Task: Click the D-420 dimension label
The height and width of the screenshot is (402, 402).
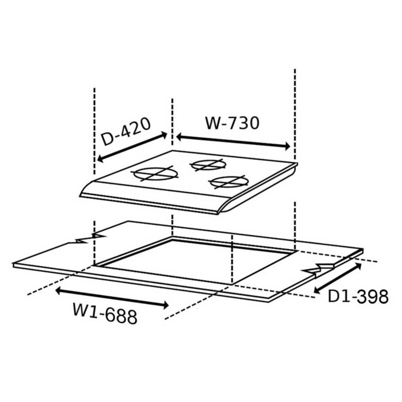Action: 126,131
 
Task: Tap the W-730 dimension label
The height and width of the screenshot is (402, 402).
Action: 232,123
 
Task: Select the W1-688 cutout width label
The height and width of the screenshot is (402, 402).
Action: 105,313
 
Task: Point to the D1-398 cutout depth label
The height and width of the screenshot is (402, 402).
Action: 358,297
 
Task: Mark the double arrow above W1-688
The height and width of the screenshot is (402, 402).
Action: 112,298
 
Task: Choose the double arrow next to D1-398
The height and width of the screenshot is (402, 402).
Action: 338,278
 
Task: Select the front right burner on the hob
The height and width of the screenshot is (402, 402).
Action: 229,182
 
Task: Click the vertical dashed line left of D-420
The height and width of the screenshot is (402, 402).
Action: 95,131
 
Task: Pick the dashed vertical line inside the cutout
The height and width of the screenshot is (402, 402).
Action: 232,259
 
